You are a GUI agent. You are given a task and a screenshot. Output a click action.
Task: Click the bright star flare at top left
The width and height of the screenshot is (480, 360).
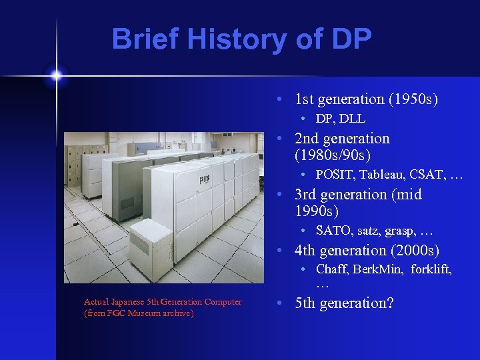(57, 75)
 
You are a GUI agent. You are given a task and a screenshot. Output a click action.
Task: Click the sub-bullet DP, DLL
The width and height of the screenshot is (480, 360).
(341, 119)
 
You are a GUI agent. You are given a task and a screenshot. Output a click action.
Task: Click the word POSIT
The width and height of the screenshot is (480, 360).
(334, 175)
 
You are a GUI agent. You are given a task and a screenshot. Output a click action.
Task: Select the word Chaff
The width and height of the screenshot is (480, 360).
(332, 269)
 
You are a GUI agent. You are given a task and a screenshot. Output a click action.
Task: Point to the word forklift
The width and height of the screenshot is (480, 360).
(431, 269)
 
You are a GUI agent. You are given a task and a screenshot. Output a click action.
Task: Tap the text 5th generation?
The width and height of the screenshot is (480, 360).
(344, 303)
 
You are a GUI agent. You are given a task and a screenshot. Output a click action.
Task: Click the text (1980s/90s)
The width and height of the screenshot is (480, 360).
(332, 155)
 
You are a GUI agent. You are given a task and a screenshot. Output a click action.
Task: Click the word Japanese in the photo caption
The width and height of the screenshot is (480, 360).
(131, 302)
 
